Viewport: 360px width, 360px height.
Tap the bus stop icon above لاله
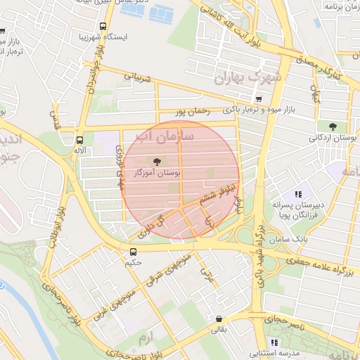pos(79,139)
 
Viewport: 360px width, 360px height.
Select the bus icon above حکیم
pos(133,252)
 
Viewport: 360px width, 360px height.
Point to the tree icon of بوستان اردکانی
pos(332,127)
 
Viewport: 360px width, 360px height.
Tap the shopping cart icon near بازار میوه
pos(259,99)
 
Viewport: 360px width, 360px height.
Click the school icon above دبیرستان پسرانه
pos(298,193)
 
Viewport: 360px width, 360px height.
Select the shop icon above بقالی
pos(219,318)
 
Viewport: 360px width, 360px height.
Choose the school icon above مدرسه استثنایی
pos(274,342)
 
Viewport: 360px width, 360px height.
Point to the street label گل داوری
pos(155,224)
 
